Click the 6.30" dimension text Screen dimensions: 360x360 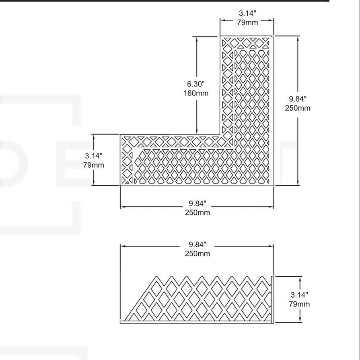(195, 84)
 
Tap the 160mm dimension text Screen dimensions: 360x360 (196, 93)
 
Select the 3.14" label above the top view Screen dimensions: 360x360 (247, 13)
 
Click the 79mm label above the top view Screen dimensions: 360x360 (247, 23)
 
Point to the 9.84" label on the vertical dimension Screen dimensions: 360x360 (298, 99)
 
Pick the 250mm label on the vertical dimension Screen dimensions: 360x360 (298, 108)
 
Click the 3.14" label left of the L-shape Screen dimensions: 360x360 (93, 156)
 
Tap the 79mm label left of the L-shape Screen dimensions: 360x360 (93, 165)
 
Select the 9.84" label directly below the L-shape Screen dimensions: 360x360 (197, 204)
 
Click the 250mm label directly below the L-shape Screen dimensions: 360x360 (197, 213)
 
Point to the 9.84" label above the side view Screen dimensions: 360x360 (197, 245)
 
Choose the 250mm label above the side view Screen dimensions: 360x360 (197, 254)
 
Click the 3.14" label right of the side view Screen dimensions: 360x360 (299, 295)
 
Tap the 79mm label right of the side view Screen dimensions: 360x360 (299, 304)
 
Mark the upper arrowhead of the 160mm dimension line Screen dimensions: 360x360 (197, 39)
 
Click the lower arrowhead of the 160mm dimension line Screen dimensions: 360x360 (197, 132)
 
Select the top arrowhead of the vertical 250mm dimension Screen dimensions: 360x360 (298, 39)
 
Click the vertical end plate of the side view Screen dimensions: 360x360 (273, 299)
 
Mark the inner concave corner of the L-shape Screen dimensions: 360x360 (220, 134)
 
